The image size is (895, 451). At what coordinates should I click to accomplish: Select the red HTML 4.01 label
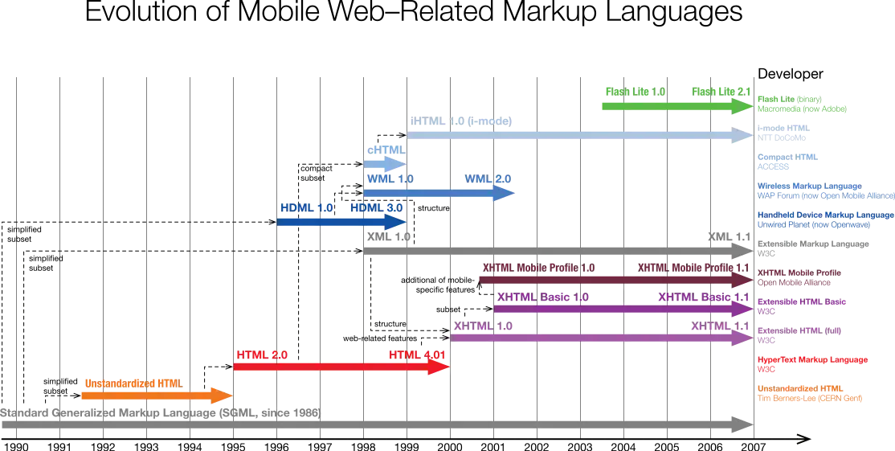(415, 355)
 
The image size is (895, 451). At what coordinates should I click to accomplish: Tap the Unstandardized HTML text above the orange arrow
(131, 382)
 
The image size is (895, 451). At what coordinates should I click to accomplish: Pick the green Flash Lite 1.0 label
(635, 91)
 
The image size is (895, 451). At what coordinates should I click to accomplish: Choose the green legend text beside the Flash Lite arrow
(802, 102)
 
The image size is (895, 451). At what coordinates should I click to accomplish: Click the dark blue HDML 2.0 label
(376, 207)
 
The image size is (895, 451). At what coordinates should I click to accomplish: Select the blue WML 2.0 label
(487, 178)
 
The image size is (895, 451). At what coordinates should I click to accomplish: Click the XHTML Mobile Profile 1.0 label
(540, 267)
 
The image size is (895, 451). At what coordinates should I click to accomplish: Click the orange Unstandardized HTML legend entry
(811, 393)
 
